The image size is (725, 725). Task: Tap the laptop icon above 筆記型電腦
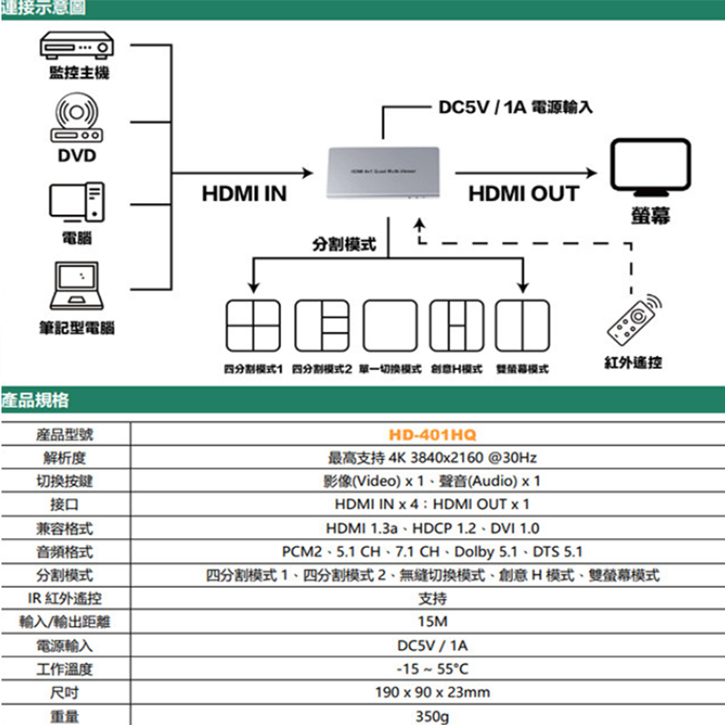[x=76, y=286]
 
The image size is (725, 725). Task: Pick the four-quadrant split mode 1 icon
[x=252, y=326]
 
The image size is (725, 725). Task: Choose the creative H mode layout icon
[x=456, y=326]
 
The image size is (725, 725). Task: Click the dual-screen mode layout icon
[x=522, y=326]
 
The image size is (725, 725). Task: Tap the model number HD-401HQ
[x=432, y=435]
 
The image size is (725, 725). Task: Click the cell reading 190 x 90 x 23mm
[x=432, y=692]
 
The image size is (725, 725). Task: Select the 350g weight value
[x=432, y=716]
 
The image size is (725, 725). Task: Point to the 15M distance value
[x=432, y=622]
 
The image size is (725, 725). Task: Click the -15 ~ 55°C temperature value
[x=432, y=669]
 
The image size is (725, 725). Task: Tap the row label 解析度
[x=65, y=458]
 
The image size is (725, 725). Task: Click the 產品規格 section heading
[x=36, y=399]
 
